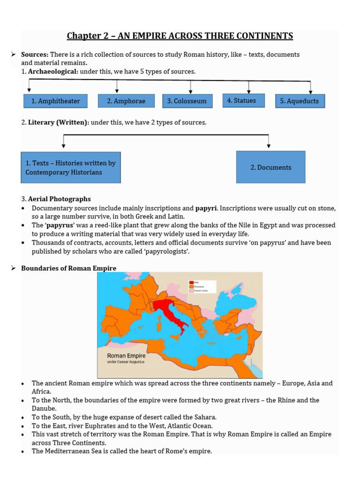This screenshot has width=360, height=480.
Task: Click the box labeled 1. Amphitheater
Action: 55,101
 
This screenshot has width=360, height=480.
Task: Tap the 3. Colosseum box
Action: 187,101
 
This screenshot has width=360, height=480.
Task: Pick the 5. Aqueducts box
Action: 300,101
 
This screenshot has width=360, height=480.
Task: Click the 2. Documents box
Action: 270,167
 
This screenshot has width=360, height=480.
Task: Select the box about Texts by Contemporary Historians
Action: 71,167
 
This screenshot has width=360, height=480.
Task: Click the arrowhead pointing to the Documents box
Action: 269,146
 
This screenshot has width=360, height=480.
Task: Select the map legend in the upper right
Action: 202,287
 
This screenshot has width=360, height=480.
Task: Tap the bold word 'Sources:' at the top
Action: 35,54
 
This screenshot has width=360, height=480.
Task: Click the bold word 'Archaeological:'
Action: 53,72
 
